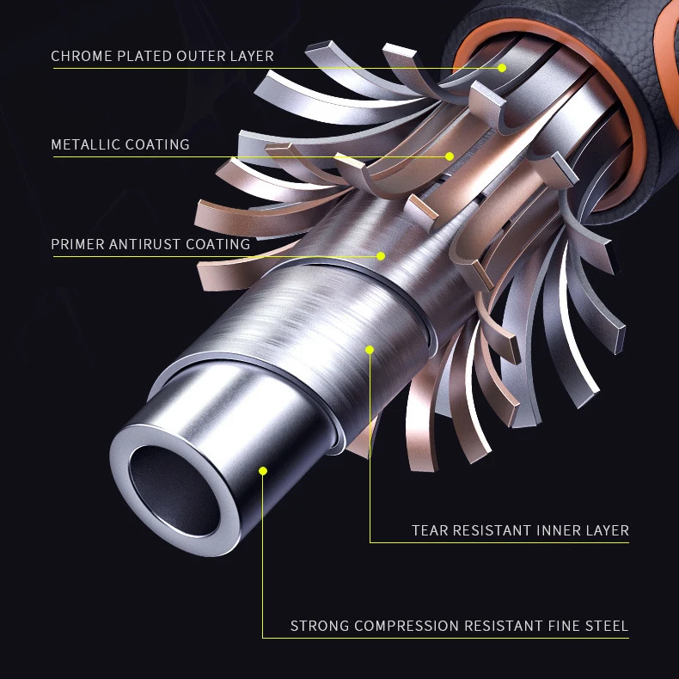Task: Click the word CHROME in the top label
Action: click(x=81, y=57)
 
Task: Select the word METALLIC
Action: click(x=86, y=144)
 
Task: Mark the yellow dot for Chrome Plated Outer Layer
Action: click(x=501, y=67)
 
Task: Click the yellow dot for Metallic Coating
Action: click(x=449, y=156)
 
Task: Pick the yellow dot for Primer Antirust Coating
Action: click(x=380, y=255)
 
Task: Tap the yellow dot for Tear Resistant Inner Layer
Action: click(x=370, y=349)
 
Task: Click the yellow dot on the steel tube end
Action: click(x=263, y=470)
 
